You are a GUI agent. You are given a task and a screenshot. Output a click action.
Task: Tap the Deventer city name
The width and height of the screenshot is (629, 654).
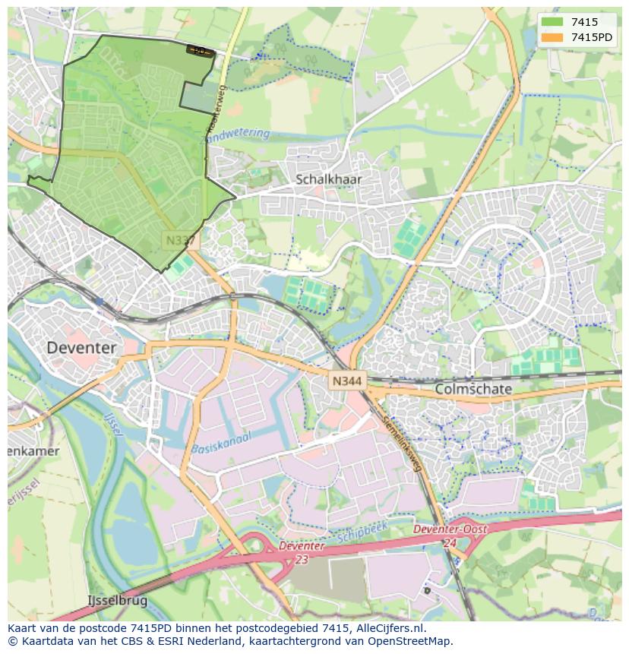point(81,348)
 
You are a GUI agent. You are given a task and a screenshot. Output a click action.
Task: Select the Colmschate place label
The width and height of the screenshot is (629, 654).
point(473,389)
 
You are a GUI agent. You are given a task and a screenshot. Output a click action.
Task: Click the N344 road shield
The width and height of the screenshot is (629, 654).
point(347,381)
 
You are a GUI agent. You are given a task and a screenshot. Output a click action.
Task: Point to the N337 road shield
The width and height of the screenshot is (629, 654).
point(180,240)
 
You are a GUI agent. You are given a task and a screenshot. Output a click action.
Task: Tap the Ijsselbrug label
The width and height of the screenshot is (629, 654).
point(117,601)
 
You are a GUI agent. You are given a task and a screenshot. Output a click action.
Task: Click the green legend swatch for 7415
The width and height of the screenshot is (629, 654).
point(552,22)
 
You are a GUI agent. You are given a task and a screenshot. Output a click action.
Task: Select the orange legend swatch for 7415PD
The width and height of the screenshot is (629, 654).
point(552,37)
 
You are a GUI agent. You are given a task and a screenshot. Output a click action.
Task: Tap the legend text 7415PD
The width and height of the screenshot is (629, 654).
point(592,37)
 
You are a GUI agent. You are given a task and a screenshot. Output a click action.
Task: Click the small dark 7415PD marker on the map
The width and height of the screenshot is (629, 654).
point(200,51)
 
